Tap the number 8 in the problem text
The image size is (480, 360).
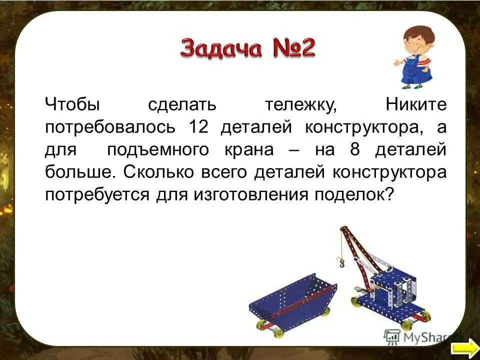pos(364,150)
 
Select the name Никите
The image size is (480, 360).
pos(416,105)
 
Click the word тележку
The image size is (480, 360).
pos(301,105)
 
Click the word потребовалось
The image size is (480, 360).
pos(110,127)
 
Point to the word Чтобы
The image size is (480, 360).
pos(73,105)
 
